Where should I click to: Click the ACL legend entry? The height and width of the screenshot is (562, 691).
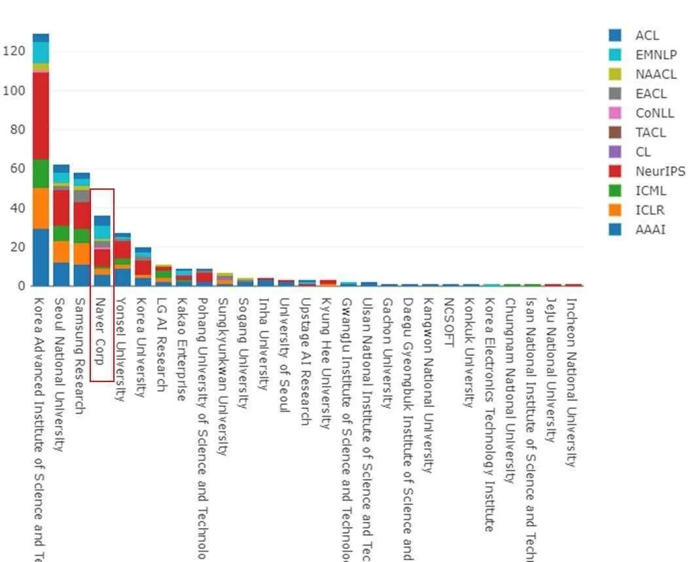click(647, 35)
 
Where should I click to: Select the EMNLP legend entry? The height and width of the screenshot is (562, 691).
click(655, 55)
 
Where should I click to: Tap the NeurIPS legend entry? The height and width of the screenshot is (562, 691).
click(660, 171)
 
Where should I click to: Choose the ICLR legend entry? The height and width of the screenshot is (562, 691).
click(649, 210)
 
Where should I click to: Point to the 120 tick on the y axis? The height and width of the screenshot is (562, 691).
click(14, 51)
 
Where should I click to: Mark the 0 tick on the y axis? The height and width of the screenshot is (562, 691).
click(22, 286)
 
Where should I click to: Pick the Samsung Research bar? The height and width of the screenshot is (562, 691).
click(82, 229)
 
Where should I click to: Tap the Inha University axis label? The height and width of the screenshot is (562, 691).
click(263, 344)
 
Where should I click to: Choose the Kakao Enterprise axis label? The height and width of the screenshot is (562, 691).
click(182, 349)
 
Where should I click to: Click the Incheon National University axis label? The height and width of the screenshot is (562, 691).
click(570, 383)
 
